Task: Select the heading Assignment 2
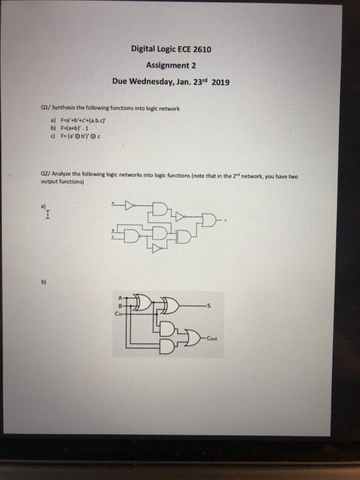(x=171, y=65)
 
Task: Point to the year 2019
(x=220, y=82)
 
